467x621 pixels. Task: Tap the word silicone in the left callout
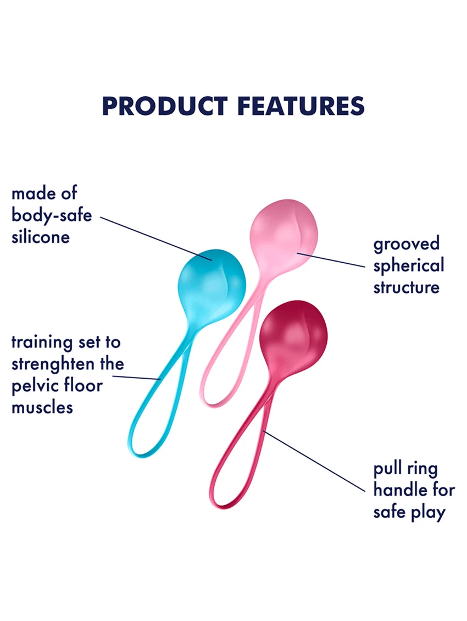(41, 237)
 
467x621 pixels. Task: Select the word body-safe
(52, 215)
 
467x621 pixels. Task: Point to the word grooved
(407, 244)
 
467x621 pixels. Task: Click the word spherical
(409, 266)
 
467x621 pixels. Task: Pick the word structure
(407, 287)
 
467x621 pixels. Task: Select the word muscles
(42, 407)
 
